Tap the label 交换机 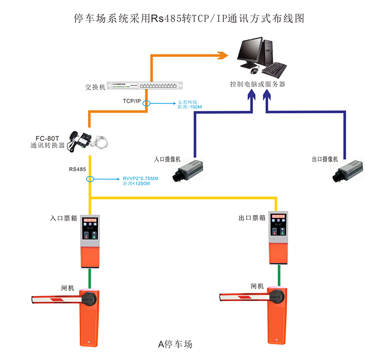pyautogui.click(x=95, y=87)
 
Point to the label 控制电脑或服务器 pyautogui.click(x=258, y=84)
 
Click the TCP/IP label pyautogui.click(x=132, y=101)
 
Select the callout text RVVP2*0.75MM pyautogui.click(x=141, y=178)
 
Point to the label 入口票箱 pyautogui.click(x=64, y=219)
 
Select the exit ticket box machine pyautogui.click(x=279, y=237)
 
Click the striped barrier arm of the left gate pyautogui.click(x=55, y=299)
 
